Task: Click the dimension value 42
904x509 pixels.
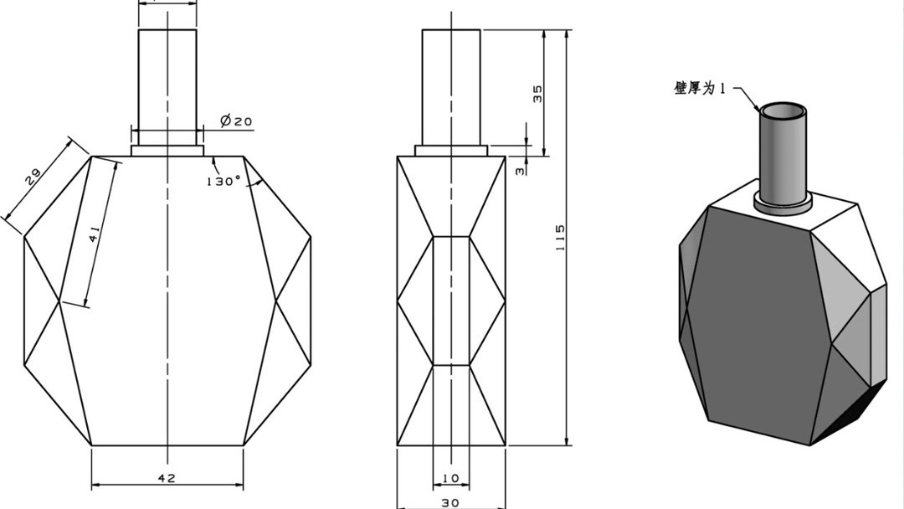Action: coord(167,478)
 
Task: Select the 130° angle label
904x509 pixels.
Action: coord(223,181)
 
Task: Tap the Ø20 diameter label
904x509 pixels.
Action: coord(236,121)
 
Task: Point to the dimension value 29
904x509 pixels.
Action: coord(33,175)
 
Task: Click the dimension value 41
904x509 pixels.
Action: coord(95,234)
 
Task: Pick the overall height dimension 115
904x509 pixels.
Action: coord(559,237)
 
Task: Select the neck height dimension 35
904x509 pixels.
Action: coord(537,94)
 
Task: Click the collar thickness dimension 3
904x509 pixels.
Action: coord(520,172)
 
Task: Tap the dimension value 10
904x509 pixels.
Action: coord(451,478)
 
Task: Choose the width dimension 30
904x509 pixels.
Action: coord(450,502)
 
